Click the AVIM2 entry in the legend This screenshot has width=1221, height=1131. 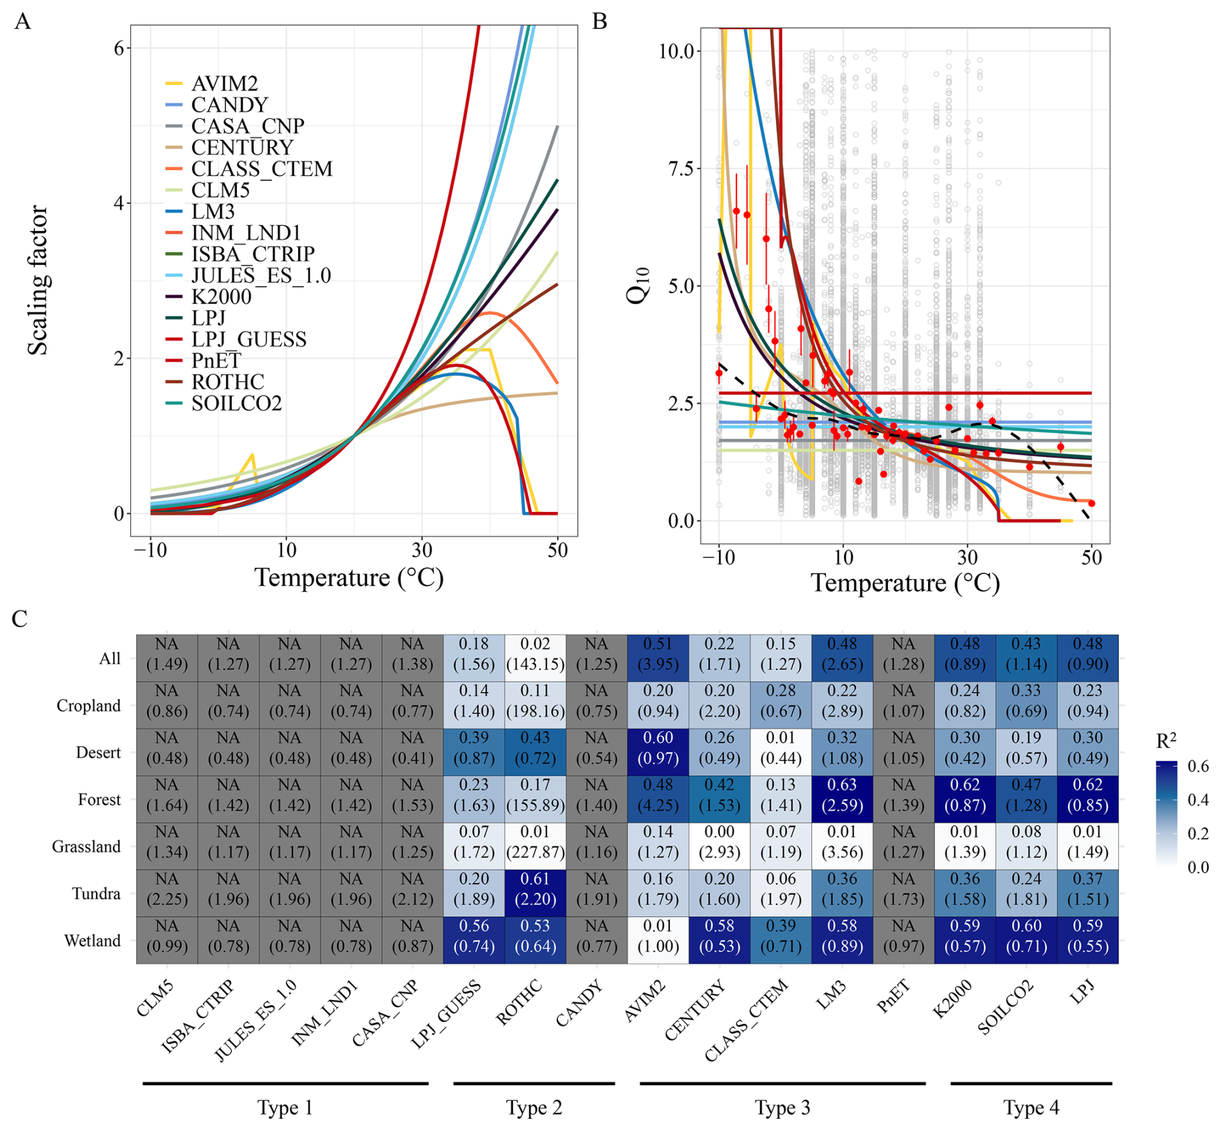(x=224, y=84)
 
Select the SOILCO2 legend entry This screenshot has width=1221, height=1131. (x=236, y=403)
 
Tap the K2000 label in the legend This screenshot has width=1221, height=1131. (x=221, y=297)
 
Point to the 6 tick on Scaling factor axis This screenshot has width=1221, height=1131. (x=119, y=48)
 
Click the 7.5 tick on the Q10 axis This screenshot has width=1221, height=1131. (x=680, y=169)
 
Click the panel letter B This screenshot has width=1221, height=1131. (x=600, y=21)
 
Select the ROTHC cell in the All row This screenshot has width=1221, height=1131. (x=535, y=655)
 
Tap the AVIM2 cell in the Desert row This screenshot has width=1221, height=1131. (x=658, y=748)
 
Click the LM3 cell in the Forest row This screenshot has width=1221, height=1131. (x=842, y=795)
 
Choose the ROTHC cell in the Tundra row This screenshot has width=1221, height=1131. (x=535, y=889)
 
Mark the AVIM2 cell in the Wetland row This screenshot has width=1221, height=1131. (x=658, y=936)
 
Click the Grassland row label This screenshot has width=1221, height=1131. (x=86, y=847)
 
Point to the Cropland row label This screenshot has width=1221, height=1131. (x=88, y=706)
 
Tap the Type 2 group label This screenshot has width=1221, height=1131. (x=534, y=1108)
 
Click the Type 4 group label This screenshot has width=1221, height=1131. (x=1031, y=1108)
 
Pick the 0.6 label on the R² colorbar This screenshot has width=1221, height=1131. (x=1198, y=766)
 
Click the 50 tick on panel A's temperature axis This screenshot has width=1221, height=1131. (x=558, y=550)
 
